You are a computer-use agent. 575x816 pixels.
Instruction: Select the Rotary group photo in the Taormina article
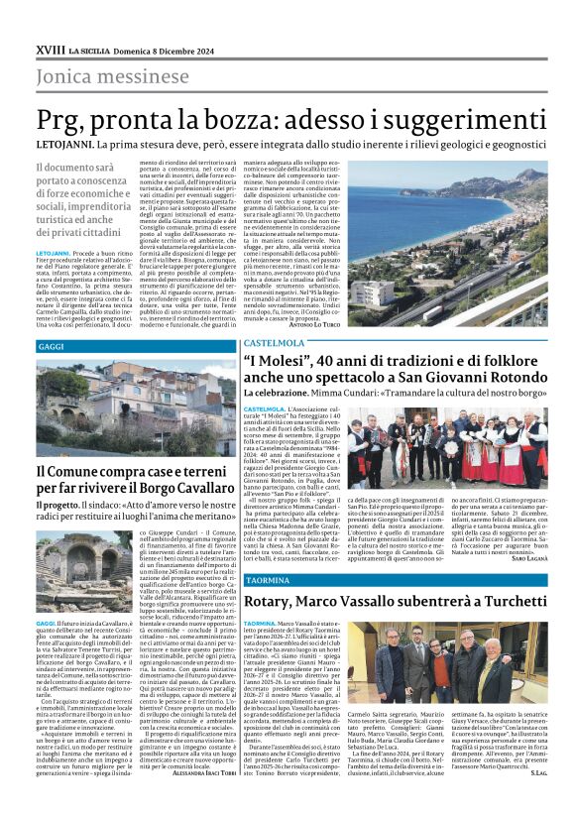click(x=445, y=668)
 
